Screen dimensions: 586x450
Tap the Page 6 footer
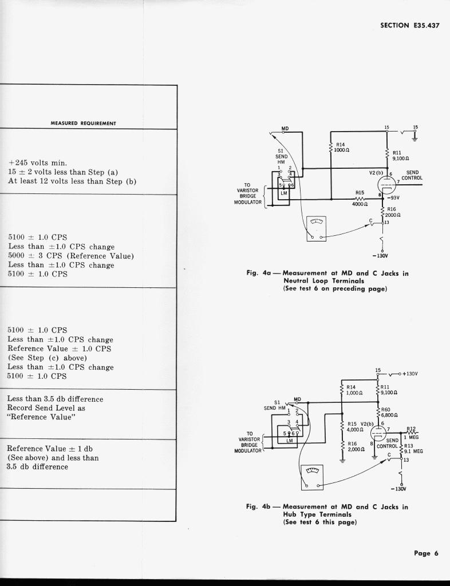pyautogui.click(x=426, y=553)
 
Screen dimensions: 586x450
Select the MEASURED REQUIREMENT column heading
pyautogui.click(x=84, y=123)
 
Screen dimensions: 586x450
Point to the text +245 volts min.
pyautogui.click(x=38, y=162)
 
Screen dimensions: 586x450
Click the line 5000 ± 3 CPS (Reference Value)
pyautogui.click(x=71, y=255)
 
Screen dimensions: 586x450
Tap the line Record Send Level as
pyautogui.click(x=46, y=408)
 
